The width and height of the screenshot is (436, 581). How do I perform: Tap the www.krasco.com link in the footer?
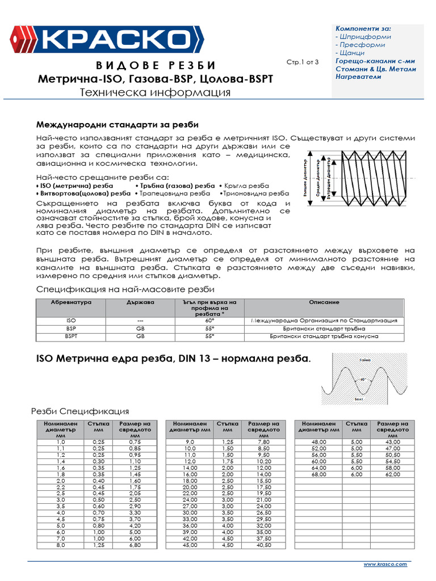[385, 565]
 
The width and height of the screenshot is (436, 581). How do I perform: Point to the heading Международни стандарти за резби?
[118, 124]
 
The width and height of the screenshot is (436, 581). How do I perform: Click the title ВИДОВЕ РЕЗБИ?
[154, 65]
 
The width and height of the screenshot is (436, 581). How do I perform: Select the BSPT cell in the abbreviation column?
[72, 336]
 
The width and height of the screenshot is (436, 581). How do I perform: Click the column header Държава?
[140, 303]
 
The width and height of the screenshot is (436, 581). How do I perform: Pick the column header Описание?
[325, 303]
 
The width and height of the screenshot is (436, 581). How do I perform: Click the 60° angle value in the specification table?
[209, 321]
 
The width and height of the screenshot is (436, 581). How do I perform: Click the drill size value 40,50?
[263, 546]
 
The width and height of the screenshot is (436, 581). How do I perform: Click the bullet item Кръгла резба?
[244, 186]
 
